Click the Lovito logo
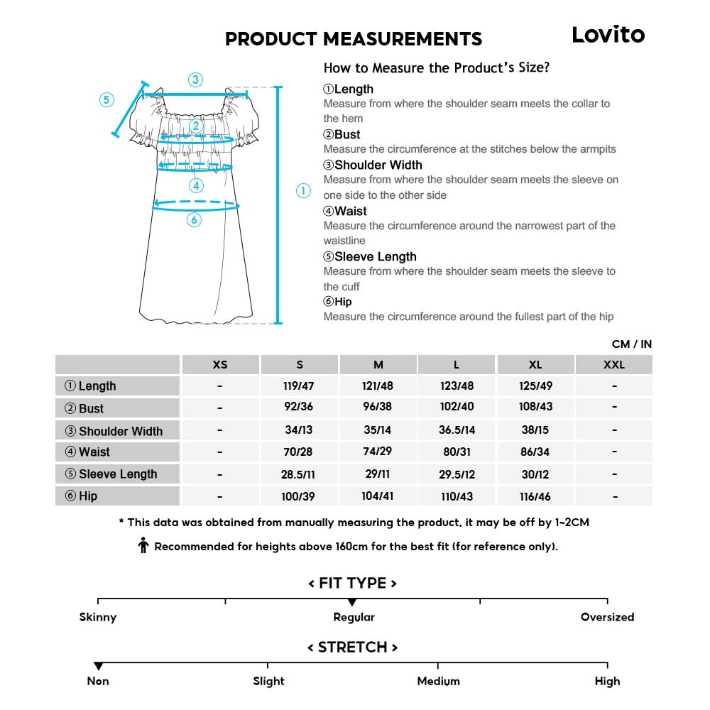click(608, 35)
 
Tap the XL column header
click(535, 364)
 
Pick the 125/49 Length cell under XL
click(535, 386)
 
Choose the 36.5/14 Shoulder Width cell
click(457, 430)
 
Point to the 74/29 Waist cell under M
click(378, 452)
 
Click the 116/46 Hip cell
click(535, 496)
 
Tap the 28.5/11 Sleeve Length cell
click(299, 474)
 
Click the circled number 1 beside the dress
click(303, 190)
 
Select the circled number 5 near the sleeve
click(106, 99)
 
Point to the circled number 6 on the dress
click(195, 220)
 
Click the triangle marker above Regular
click(352, 603)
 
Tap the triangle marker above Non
click(98, 666)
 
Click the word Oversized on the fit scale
click(607, 617)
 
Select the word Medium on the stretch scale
click(438, 681)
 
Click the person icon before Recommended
click(143, 546)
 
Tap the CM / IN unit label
click(631, 344)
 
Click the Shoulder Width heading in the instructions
click(373, 165)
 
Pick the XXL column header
click(613, 364)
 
